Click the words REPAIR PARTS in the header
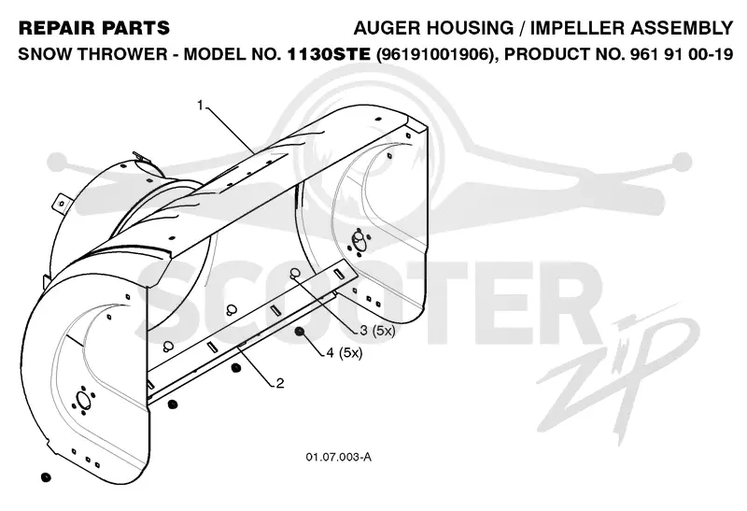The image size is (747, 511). pyautogui.click(x=94, y=28)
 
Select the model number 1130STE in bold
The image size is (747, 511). pyautogui.click(x=329, y=54)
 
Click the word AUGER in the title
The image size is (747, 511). pyautogui.click(x=387, y=28)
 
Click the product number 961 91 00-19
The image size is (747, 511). pyautogui.click(x=682, y=54)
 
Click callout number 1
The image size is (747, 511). pyautogui.click(x=201, y=105)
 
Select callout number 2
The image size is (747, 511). pyautogui.click(x=280, y=383)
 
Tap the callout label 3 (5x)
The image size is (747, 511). pyautogui.click(x=377, y=330)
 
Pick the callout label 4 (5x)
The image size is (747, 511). pyautogui.click(x=344, y=353)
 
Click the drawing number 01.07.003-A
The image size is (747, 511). pyautogui.click(x=339, y=457)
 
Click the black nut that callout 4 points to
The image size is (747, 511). pyautogui.click(x=299, y=332)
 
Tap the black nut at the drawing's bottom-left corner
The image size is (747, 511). pyautogui.click(x=46, y=477)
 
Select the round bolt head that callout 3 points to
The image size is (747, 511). pyautogui.click(x=295, y=273)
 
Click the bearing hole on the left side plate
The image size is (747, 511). pyautogui.click(x=82, y=400)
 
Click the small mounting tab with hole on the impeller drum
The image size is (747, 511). pyautogui.click(x=61, y=203)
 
